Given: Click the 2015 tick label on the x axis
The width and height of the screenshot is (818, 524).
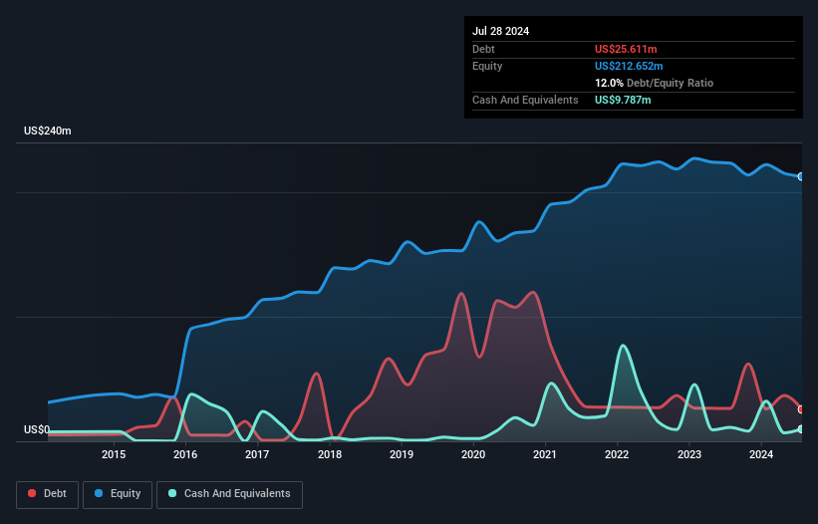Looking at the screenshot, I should point(113,454).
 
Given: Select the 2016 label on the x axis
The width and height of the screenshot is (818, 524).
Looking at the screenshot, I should point(185,454).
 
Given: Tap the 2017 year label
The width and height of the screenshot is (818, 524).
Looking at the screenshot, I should point(257,454).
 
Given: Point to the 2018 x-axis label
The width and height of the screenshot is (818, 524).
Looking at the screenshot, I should point(330,454).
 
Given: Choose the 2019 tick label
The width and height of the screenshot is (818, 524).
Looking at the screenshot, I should point(402,454).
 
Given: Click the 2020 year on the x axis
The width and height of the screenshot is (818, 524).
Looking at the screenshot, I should point(473,454).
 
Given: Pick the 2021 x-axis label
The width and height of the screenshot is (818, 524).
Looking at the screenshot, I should point(545,454).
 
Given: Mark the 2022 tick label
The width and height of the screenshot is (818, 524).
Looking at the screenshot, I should point(618,454).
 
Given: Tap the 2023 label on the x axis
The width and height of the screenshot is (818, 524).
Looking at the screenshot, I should point(689,454).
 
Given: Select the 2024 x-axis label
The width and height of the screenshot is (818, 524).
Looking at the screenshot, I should point(761,454).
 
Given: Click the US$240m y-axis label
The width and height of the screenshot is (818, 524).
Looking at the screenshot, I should point(49,131).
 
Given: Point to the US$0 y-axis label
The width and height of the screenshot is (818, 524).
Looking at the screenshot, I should point(38,429).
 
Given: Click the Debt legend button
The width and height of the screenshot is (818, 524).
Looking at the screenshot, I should point(46,494).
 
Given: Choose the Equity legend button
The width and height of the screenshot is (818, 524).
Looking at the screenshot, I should point(117,494).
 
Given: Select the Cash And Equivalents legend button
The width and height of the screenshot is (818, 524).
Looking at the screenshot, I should point(229,494).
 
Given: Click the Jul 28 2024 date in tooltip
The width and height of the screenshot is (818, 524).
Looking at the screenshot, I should point(501,31).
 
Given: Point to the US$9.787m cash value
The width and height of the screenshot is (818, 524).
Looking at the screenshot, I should point(624,100).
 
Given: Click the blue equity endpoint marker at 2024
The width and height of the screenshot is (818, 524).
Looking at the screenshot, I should point(801,176).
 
